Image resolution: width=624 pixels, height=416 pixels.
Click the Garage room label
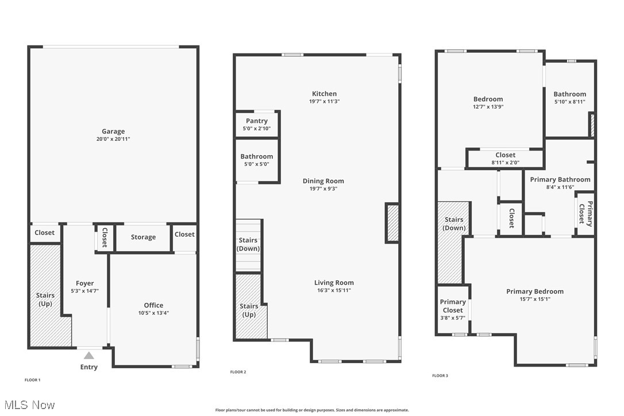113,132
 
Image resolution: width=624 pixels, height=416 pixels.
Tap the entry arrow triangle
89,356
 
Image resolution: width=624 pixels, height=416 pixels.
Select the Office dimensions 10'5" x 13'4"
153,313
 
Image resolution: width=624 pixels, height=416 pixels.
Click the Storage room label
143,237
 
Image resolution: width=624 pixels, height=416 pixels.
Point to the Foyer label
84,283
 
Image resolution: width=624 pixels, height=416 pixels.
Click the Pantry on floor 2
257,124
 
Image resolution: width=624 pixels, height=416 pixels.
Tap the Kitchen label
324,94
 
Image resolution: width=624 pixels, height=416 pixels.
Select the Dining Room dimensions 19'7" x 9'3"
323,188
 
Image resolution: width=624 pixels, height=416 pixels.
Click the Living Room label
334,283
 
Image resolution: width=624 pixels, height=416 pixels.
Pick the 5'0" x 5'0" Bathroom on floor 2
257,160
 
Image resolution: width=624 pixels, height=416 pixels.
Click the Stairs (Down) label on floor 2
248,244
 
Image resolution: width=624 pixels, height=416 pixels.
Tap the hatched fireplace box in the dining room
393,223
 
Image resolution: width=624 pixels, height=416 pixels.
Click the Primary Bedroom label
534,291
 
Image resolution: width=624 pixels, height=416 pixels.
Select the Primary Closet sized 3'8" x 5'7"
453,310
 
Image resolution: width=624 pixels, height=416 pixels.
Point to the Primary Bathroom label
560,179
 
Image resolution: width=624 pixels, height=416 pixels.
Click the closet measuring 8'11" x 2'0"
505,158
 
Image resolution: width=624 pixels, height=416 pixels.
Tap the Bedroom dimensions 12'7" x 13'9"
488,107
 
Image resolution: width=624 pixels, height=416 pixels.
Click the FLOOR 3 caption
440,376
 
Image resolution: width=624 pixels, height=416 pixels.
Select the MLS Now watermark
28,405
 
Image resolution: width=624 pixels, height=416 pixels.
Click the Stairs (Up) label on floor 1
45,299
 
